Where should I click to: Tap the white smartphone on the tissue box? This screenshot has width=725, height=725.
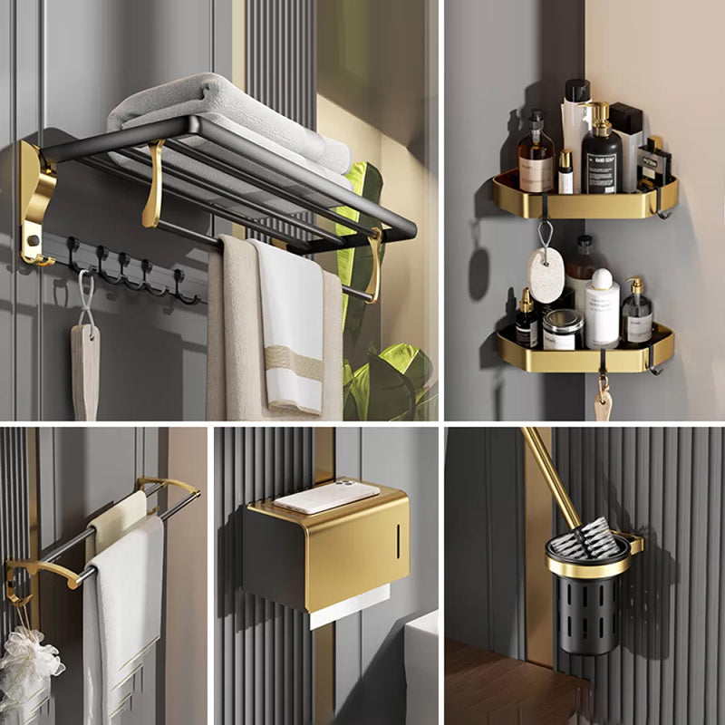[x=326, y=496]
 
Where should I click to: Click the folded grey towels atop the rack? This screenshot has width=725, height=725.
[x=227, y=113]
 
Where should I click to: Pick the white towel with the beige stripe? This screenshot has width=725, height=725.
[x=288, y=326]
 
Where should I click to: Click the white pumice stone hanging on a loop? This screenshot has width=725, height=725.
[x=546, y=274]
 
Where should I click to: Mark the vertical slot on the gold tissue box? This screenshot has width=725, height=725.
[x=396, y=541]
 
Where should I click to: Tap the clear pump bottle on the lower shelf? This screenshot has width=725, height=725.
[x=637, y=317]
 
